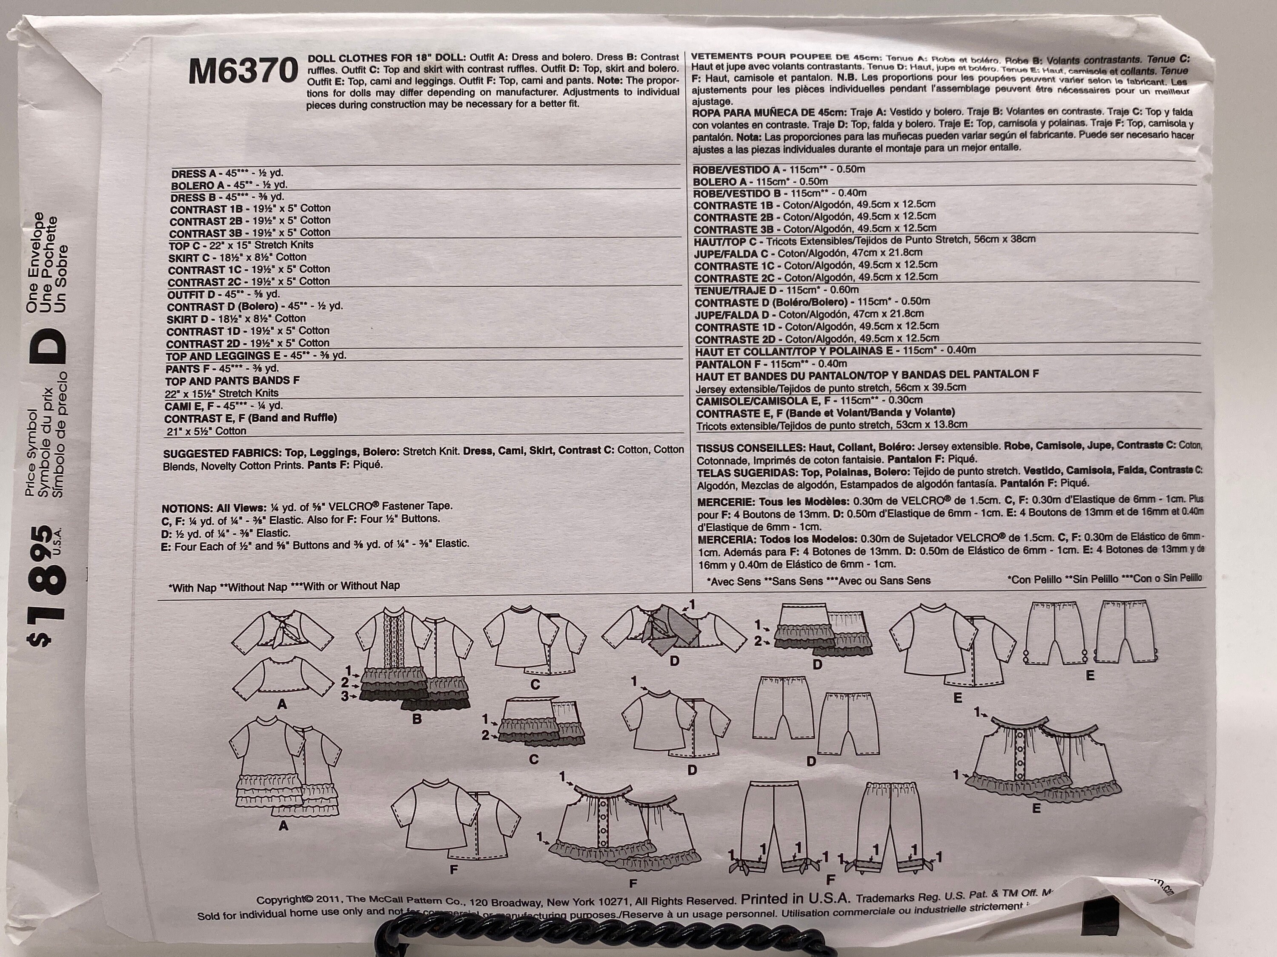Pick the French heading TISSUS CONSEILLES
(745, 447)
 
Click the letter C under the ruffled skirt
(534, 759)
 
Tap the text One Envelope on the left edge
(33, 262)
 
